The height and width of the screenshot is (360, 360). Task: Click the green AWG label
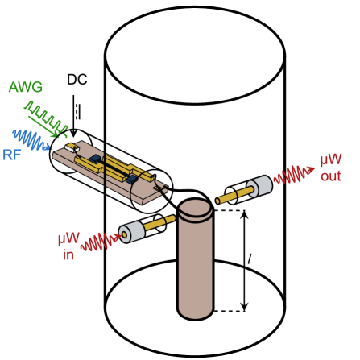(x=25, y=88)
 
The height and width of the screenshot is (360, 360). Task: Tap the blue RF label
(x=12, y=155)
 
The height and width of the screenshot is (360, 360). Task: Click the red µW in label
(x=68, y=246)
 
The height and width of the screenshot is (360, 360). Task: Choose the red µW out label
(x=331, y=168)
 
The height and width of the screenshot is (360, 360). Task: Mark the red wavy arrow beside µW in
(x=101, y=241)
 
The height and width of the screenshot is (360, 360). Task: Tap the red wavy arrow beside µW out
(x=293, y=174)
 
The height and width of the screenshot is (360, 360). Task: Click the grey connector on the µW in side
(x=132, y=232)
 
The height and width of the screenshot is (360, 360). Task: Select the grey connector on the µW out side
(x=260, y=186)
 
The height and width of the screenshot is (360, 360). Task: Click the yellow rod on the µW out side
(x=234, y=194)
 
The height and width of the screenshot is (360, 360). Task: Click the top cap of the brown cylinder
(x=195, y=208)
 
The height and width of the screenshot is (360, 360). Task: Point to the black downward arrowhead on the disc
(x=244, y=306)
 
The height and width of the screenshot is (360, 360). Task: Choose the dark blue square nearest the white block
(x=96, y=159)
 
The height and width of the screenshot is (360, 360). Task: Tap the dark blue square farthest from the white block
(x=131, y=179)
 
